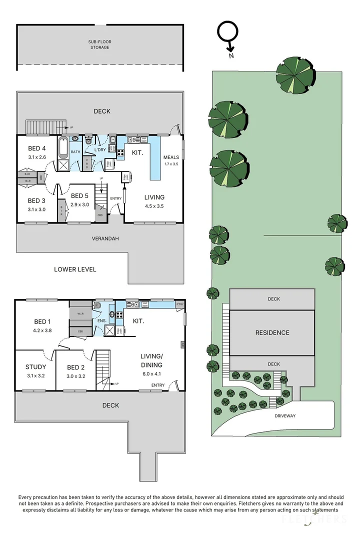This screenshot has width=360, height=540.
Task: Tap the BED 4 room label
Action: click(36, 148)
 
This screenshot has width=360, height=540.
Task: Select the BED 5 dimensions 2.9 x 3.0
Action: click(79, 205)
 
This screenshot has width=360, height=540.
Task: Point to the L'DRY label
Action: click(100, 150)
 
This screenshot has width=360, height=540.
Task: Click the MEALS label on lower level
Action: click(171, 157)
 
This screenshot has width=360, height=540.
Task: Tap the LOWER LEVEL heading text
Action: click(75, 269)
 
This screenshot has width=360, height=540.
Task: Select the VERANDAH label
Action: click(105, 238)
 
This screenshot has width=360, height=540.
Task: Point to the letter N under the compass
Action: click(231, 56)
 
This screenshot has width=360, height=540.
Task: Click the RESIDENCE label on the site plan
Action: click(272, 332)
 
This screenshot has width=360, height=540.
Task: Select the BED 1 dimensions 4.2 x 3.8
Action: click(42, 330)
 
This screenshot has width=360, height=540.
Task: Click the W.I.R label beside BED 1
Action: click(80, 314)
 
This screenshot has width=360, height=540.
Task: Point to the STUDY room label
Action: click(35, 367)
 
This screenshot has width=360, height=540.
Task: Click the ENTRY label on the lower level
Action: click(115, 198)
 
